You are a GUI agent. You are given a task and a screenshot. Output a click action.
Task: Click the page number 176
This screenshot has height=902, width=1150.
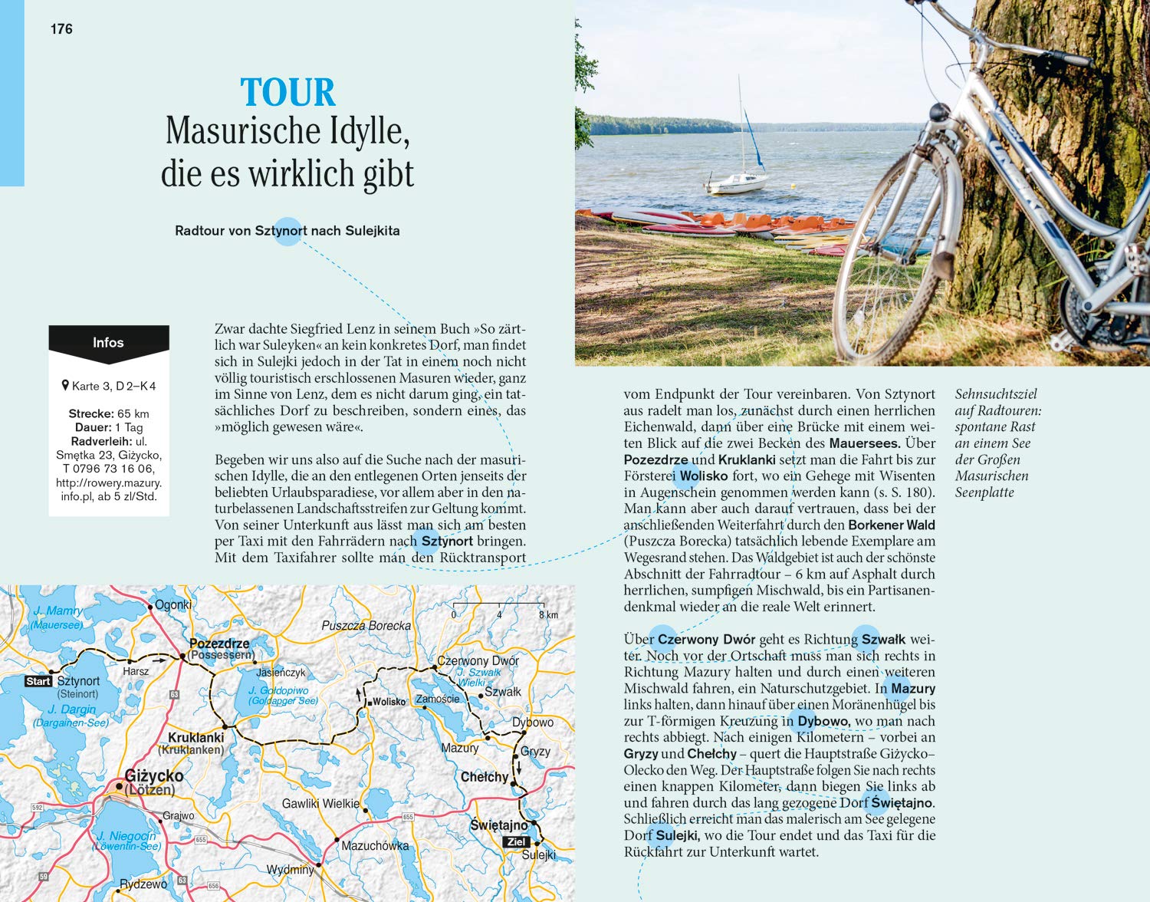click(61, 29)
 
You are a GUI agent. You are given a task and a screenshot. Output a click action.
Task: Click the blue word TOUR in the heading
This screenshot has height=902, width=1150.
click(288, 93)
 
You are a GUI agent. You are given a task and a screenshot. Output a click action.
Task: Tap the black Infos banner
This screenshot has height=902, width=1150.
click(108, 343)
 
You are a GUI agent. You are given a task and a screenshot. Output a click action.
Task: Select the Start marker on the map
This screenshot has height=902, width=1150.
click(38, 681)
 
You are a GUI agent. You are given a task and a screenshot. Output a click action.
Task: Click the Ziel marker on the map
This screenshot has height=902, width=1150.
click(517, 841)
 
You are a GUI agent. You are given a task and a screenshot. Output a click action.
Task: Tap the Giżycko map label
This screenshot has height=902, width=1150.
click(154, 776)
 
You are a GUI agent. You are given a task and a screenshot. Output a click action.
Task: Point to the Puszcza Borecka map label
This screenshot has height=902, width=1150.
click(366, 626)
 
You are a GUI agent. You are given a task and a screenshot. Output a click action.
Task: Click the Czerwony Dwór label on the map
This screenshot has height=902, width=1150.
click(478, 660)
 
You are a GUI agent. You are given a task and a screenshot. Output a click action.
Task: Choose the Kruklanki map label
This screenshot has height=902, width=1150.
click(195, 737)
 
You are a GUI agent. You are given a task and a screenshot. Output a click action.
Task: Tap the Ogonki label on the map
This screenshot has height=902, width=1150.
click(173, 604)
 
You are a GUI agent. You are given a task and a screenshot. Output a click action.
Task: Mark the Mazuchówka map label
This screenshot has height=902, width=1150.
click(375, 845)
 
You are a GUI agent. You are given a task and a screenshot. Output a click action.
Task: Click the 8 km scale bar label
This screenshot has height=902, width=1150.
click(548, 614)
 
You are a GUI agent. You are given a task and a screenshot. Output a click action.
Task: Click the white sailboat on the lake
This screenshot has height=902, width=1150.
click(736, 181)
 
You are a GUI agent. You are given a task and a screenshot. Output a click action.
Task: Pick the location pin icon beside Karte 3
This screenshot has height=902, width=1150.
click(65, 385)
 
